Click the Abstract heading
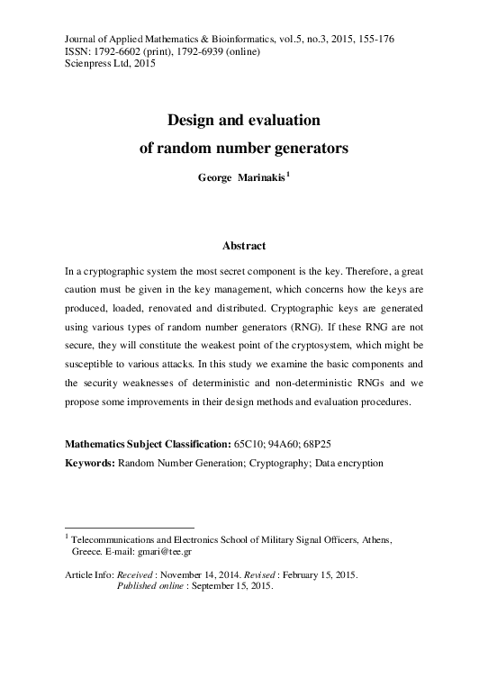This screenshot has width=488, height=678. tap(244, 244)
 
